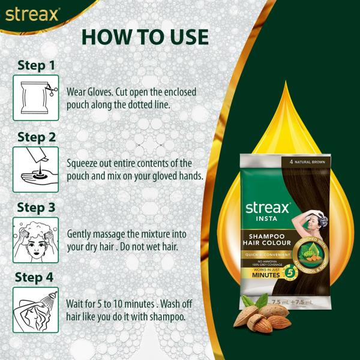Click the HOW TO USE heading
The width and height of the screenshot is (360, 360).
(145, 36)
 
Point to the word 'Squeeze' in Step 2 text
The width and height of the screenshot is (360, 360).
(87, 163)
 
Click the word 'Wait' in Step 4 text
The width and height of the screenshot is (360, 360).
(78, 305)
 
